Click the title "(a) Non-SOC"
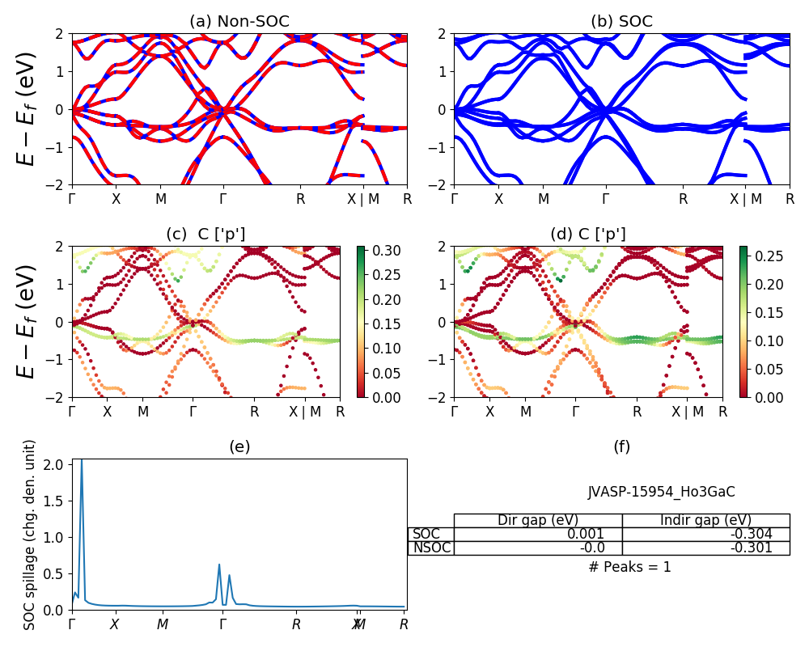239,22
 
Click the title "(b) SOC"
621,22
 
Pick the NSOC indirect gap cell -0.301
705,548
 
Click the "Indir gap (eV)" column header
705,520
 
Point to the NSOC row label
431,548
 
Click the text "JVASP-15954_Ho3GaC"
661,492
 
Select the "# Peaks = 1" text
629,567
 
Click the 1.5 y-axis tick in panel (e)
59,501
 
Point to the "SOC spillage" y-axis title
30,535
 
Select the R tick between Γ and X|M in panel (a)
300,199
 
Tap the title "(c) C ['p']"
205,235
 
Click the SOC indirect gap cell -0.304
705,534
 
